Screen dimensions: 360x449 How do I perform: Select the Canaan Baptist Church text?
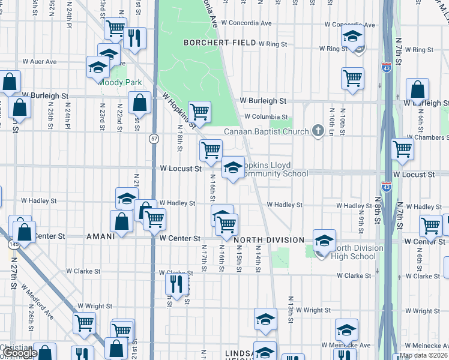coord(268,131)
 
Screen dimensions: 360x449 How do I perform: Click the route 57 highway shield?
coord(154,139)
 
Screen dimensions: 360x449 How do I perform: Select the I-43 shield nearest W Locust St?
coord(387,187)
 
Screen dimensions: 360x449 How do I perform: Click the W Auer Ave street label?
coord(40,61)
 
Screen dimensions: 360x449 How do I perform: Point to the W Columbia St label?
coord(265,117)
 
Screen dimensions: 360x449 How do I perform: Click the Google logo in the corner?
coord(19,353)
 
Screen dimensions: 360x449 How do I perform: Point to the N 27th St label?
coord(13,277)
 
